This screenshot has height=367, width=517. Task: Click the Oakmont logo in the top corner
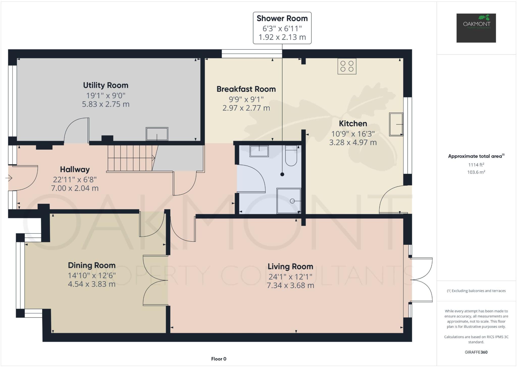click(476, 28)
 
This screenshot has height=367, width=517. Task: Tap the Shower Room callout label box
click(282, 28)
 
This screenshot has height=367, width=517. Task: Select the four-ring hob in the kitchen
click(347, 66)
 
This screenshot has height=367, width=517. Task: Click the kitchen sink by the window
click(396, 124)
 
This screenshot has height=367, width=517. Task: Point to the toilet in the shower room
click(291, 157)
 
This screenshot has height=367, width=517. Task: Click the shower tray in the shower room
click(289, 201)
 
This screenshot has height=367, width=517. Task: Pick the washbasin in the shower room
click(259, 151)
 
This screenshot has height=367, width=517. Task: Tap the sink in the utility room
click(157, 134)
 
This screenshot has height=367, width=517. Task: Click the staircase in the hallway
click(130, 158)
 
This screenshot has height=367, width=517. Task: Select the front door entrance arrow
click(9, 178)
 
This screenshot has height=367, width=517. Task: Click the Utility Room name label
click(106, 85)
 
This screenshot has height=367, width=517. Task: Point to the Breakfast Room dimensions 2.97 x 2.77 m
click(246, 108)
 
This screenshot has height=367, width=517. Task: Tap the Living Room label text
click(290, 266)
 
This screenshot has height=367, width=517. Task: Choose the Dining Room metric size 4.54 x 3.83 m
click(92, 284)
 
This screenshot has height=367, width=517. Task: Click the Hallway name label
click(75, 169)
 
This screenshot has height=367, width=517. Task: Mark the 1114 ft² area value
click(476, 165)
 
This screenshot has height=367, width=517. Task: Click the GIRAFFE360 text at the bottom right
click(476, 352)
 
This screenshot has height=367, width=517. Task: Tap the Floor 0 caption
click(219, 359)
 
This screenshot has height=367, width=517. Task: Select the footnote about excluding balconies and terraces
click(476, 291)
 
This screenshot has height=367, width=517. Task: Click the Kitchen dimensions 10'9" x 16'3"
click(353, 134)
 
